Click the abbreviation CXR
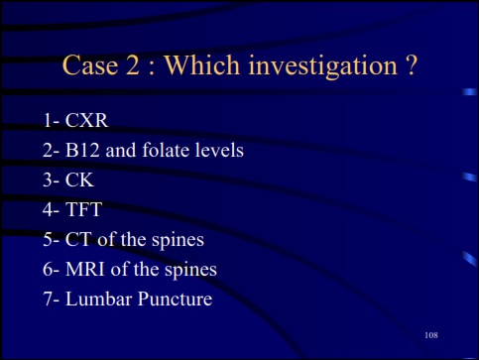(x=87, y=122)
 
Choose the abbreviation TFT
(x=83, y=210)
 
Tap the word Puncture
(x=176, y=299)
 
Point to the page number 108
(x=430, y=337)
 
